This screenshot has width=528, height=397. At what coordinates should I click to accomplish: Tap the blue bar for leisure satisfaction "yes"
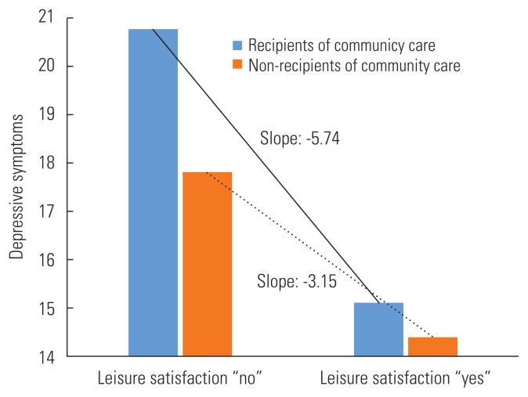tap(378, 330)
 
